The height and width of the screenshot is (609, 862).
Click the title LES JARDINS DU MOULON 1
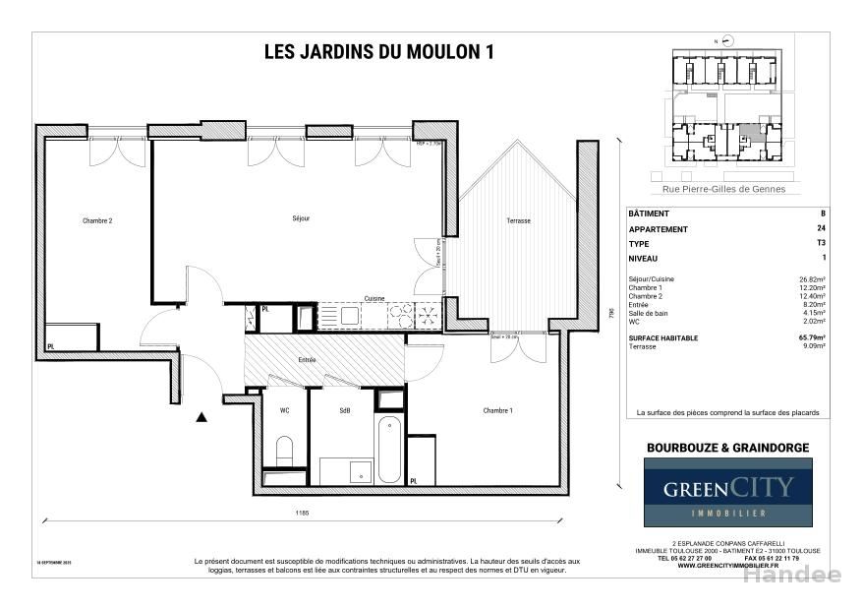click(x=378, y=53)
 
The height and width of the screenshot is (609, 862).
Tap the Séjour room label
click(x=301, y=218)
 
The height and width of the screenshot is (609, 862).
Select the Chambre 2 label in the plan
click(x=97, y=221)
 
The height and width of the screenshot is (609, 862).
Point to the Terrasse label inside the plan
click(x=518, y=221)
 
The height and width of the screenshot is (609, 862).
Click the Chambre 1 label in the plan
click(x=498, y=410)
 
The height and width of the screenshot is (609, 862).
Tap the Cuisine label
click(x=374, y=298)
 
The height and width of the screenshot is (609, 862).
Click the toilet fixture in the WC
click(x=285, y=451)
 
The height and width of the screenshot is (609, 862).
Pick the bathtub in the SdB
click(x=390, y=449)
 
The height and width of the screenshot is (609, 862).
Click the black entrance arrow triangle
click(x=201, y=418)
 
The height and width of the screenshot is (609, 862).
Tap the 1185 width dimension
click(x=303, y=513)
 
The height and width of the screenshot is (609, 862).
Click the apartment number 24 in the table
click(x=822, y=229)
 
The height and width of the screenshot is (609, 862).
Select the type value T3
click(x=822, y=243)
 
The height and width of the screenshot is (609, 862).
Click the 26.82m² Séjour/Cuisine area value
click(x=813, y=279)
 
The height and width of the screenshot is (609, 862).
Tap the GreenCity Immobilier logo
click(x=727, y=492)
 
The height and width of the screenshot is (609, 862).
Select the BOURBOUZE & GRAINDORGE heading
click(x=727, y=448)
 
